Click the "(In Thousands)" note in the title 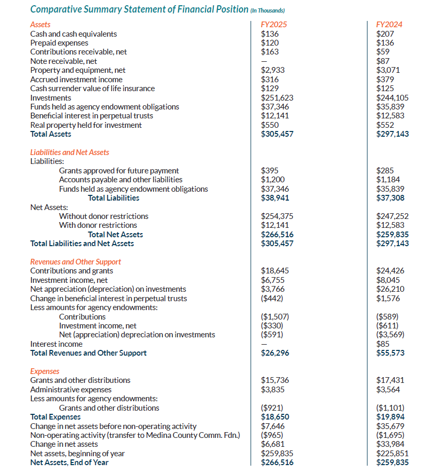click(x=267, y=10)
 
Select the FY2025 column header click(x=274, y=25)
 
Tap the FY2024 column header click(x=388, y=25)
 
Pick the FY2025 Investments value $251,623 click(x=277, y=98)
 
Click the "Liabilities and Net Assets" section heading click(x=70, y=152)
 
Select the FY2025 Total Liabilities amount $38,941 click(x=275, y=198)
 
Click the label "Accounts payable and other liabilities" click(x=121, y=180)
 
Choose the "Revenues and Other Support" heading click(x=75, y=262)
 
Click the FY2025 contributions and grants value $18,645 click(x=275, y=271)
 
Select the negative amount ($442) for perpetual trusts click(x=272, y=299)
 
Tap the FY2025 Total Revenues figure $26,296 click(x=275, y=353)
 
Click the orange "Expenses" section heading click(x=45, y=371)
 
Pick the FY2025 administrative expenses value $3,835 click(x=273, y=390)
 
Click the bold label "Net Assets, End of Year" click(x=69, y=462)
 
